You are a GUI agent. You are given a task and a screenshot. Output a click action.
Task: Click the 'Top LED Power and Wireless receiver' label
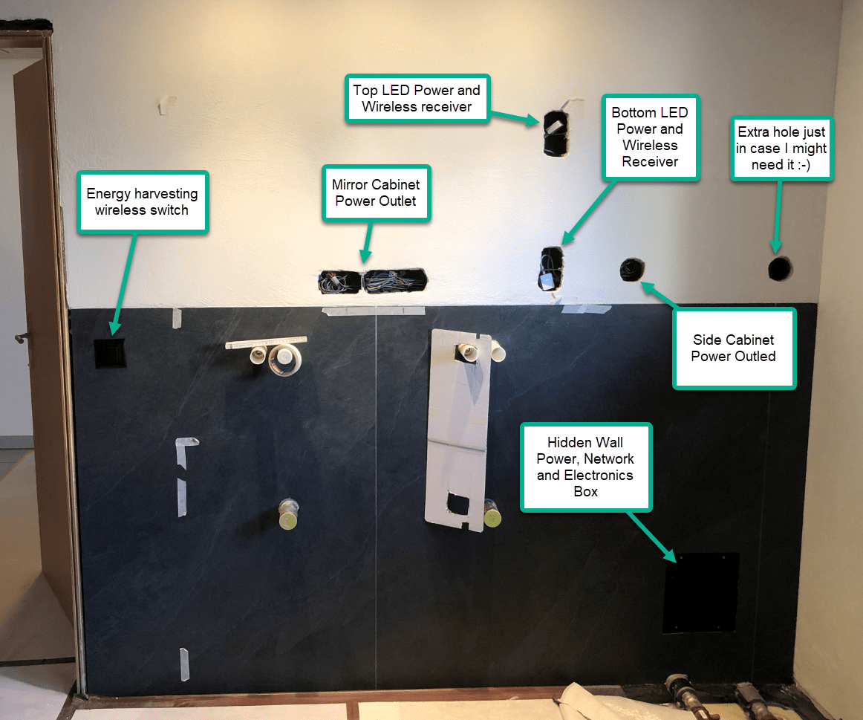click(x=416, y=98)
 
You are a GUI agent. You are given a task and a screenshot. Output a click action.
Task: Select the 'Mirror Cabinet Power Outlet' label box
click(x=376, y=192)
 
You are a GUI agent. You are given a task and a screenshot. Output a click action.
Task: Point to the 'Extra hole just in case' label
click(x=782, y=148)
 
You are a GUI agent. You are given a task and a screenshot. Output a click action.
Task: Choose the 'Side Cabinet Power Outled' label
click(x=734, y=348)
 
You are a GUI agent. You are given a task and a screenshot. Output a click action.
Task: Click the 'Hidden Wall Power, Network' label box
click(x=585, y=467)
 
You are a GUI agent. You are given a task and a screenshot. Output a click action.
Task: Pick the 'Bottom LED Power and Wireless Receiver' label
click(x=650, y=137)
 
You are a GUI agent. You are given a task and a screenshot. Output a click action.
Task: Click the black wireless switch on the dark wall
click(x=110, y=354)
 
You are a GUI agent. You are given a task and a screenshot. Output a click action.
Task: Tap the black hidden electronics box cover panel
click(x=700, y=592)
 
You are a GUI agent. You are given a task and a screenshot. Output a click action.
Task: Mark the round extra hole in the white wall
click(x=780, y=268)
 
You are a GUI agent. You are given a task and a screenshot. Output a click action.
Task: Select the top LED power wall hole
click(x=555, y=133)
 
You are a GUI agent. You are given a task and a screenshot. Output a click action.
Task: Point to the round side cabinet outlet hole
click(x=631, y=270)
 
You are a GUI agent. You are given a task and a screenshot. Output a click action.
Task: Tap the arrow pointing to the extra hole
click(x=777, y=215)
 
